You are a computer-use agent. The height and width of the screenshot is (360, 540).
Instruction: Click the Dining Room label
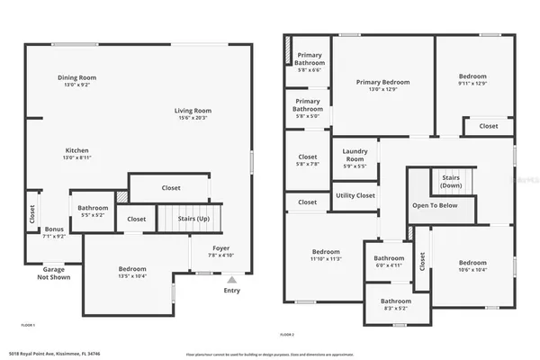pyautogui.click(x=76, y=77)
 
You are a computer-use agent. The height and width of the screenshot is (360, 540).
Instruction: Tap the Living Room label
pyautogui.click(x=193, y=110)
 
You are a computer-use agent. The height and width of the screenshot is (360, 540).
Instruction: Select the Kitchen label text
pyautogui.click(x=76, y=150)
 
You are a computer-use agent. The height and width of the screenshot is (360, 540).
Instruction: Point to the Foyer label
pyautogui.click(x=220, y=247)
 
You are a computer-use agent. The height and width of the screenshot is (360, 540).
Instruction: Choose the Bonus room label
pyautogui.click(x=54, y=229)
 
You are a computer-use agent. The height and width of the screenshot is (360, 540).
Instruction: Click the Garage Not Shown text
pyautogui.click(x=54, y=273)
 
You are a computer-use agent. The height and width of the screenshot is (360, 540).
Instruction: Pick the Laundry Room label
pyautogui.click(x=353, y=155)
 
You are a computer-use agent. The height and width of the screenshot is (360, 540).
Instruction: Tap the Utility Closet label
pyautogui.click(x=355, y=195)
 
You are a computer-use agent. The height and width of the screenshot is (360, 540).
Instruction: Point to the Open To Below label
pyautogui.click(x=436, y=205)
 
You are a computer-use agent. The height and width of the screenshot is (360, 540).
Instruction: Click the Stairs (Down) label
pyautogui.click(x=451, y=181)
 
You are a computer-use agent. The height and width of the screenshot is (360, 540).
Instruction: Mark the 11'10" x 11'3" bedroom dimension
pyautogui.click(x=326, y=258)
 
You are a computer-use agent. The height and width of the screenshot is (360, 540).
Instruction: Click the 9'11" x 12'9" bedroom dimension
pyautogui.click(x=472, y=83)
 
